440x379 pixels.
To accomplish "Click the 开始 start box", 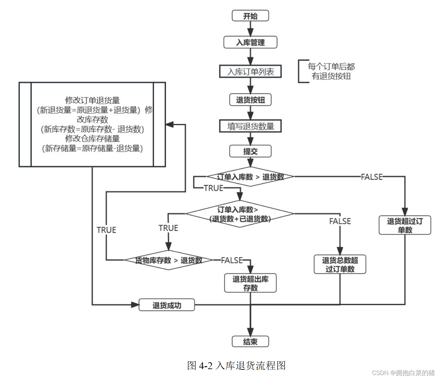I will click(250, 16).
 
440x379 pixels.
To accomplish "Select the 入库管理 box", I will click(250, 42).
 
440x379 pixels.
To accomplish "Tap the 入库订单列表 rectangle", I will click(250, 71).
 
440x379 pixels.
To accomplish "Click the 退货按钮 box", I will click(250, 100).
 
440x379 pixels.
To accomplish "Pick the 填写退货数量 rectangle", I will click(250, 126).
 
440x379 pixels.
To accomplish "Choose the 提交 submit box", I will click(250, 151).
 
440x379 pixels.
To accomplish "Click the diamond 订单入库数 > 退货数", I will click(250, 177).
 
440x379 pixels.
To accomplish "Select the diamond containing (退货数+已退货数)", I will click(240, 214).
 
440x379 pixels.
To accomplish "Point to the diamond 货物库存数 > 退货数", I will click(168, 260).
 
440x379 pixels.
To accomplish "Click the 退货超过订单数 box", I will click(405, 225).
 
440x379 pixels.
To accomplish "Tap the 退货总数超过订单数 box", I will click(340, 264).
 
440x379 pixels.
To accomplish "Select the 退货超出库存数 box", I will click(250, 283).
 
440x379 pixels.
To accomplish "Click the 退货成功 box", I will click(166, 305).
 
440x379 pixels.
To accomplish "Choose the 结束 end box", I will click(250, 342).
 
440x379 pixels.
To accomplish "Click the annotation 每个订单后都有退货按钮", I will click(331, 71).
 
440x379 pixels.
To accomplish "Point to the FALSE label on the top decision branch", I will click(371, 177).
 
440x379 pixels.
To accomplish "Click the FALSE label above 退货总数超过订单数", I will click(340, 221).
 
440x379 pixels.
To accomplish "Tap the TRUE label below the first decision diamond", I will click(213, 188).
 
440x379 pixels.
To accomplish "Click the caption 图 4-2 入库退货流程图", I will click(236, 365).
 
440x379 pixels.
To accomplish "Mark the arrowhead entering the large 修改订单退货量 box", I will click(169, 125).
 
